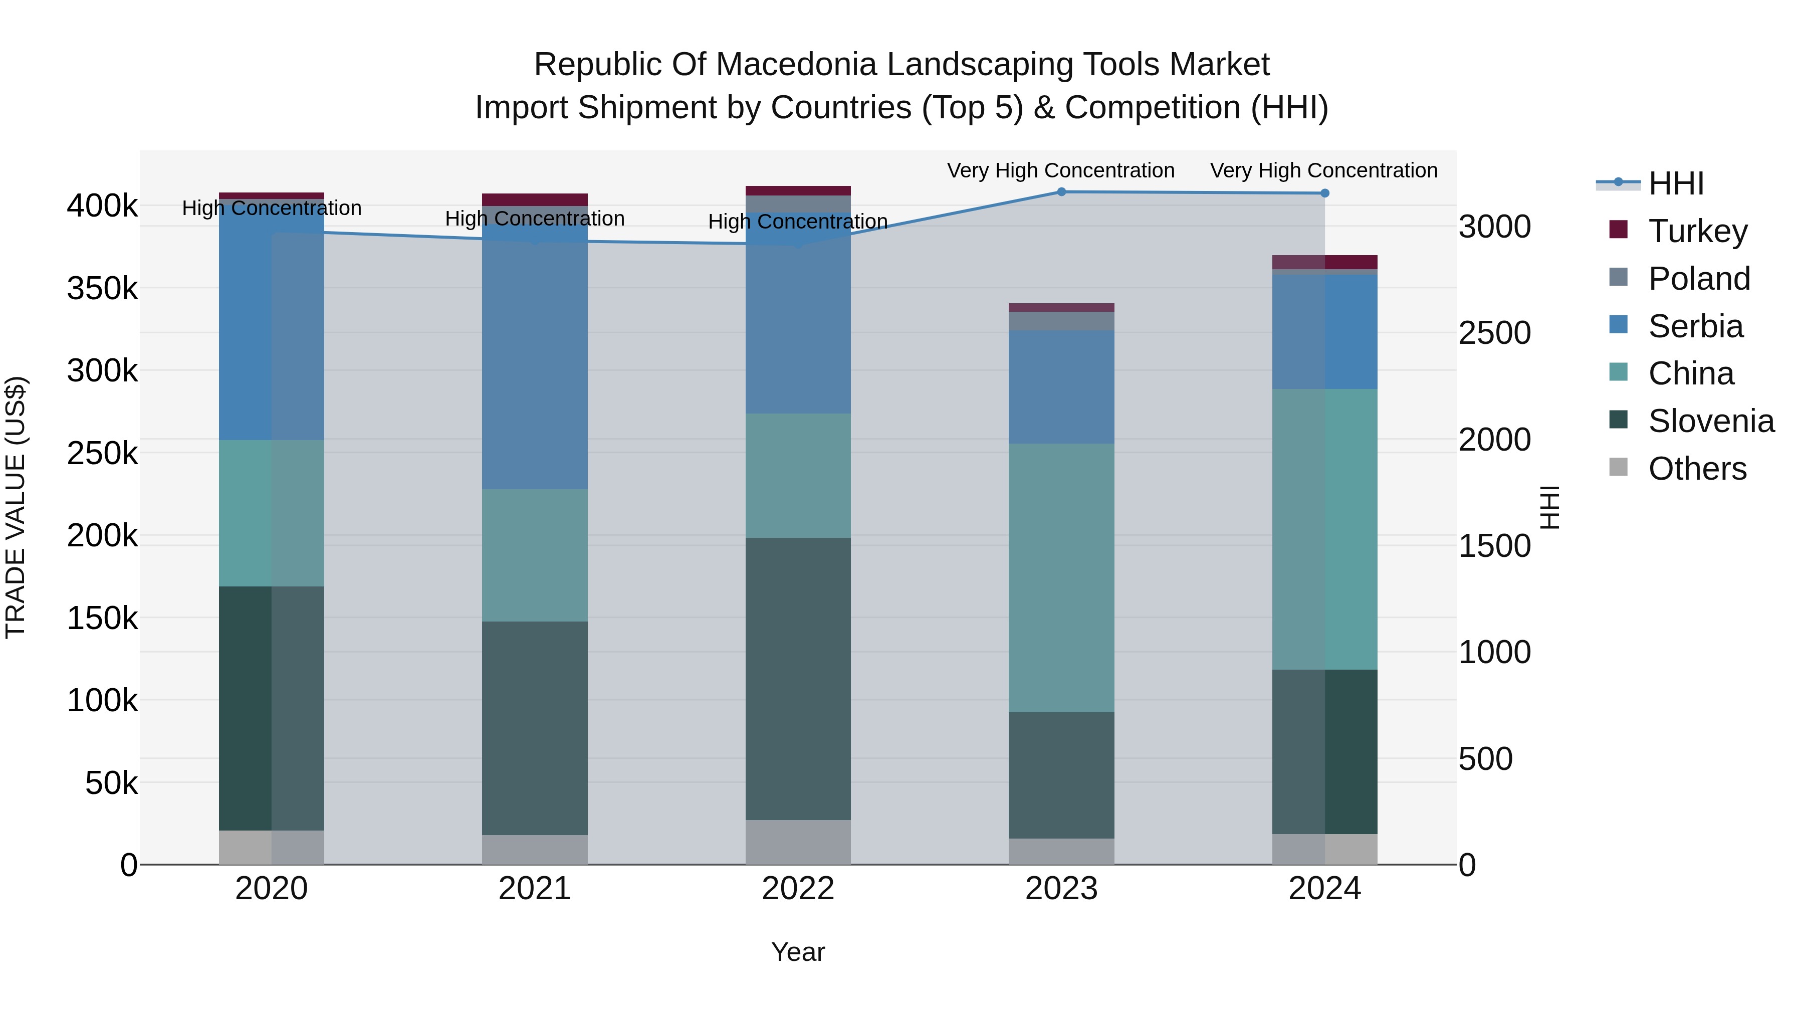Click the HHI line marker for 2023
coord(1061,192)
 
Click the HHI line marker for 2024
coord(1324,193)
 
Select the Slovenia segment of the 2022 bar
coord(798,678)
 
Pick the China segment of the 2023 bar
coord(1061,577)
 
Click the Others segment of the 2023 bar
coord(1061,851)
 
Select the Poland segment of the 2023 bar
coord(1061,321)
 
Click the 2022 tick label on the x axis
coord(798,889)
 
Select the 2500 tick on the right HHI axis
coord(1494,333)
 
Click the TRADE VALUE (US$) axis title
coord(16,507)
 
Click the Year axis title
coord(798,952)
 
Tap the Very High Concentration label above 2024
coord(1323,170)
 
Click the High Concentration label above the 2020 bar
coord(272,208)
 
